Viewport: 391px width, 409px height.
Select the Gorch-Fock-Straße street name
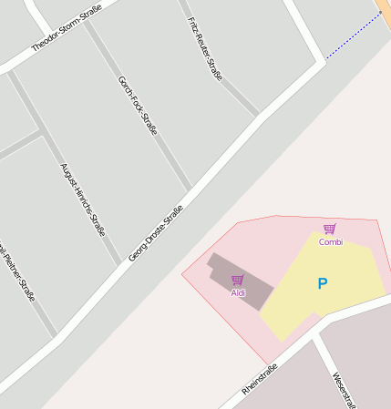(138, 105)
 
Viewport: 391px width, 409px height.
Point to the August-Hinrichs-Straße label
(83, 199)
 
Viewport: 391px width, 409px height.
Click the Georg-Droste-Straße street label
(155, 234)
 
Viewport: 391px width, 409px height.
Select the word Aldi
(238, 292)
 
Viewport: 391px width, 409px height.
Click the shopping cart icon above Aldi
(238, 280)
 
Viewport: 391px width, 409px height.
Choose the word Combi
(331, 241)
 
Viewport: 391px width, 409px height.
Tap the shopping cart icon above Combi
(330, 229)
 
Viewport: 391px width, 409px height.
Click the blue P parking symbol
(322, 284)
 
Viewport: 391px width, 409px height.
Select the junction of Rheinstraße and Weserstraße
(314, 334)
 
